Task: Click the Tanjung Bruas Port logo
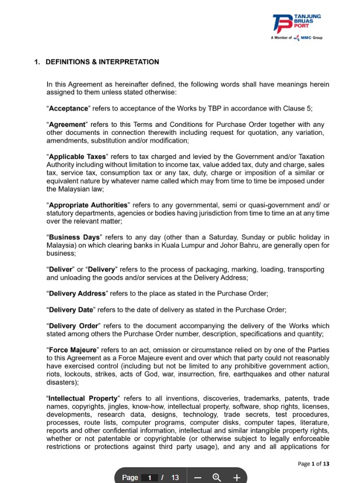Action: (x=296, y=23)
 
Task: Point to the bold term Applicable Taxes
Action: (x=78, y=157)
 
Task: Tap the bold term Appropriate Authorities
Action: (x=88, y=205)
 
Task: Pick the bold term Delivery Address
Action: (x=77, y=293)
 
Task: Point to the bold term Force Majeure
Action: (x=73, y=350)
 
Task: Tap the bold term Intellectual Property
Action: (x=81, y=398)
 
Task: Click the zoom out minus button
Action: (x=198, y=477)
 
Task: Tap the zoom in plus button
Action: (x=236, y=477)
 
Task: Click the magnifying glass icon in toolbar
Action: (x=217, y=477)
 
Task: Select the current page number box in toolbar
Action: (x=149, y=478)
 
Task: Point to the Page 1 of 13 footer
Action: (x=313, y=464)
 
